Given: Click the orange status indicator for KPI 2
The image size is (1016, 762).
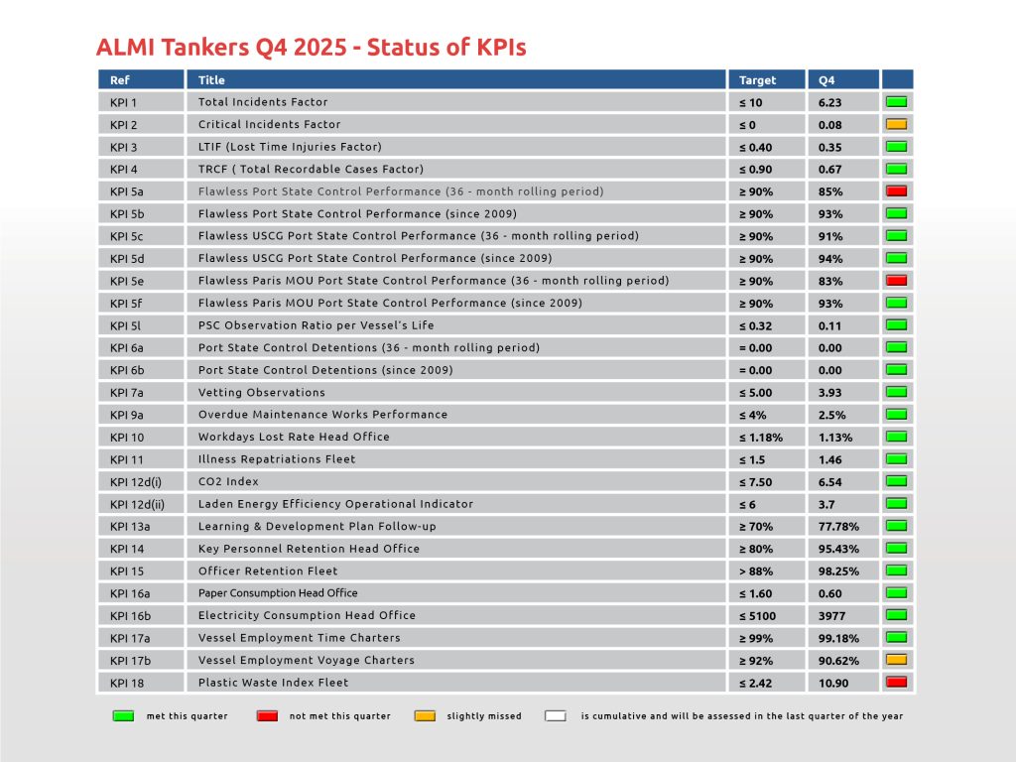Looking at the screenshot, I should [897, 124].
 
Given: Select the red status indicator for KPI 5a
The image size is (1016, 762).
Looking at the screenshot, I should [897, 191].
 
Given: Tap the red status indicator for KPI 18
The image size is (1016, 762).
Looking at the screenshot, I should [897, 683].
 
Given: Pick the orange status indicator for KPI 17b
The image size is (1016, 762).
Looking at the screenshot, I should [897, 660].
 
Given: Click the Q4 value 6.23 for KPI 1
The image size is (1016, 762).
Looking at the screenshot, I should [829, 102].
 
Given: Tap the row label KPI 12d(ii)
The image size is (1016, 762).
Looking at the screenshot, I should [138, 504].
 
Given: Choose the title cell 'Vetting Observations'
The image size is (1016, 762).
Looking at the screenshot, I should [261, 392].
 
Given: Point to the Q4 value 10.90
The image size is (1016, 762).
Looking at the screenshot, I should [833, 683].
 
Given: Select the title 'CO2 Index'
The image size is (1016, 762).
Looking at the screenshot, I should [229, 481].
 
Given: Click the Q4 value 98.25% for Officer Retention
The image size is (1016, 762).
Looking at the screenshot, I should [838, 571].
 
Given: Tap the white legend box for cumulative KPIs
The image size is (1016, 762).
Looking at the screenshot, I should [556, 715].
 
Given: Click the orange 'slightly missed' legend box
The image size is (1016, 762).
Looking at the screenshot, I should [424, 715].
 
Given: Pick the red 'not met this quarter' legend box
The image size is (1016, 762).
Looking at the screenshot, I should [267, 715].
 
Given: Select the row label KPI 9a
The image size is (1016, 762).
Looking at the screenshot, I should [126, 415].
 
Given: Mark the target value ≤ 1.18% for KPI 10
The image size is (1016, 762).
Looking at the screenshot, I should [761, 437].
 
